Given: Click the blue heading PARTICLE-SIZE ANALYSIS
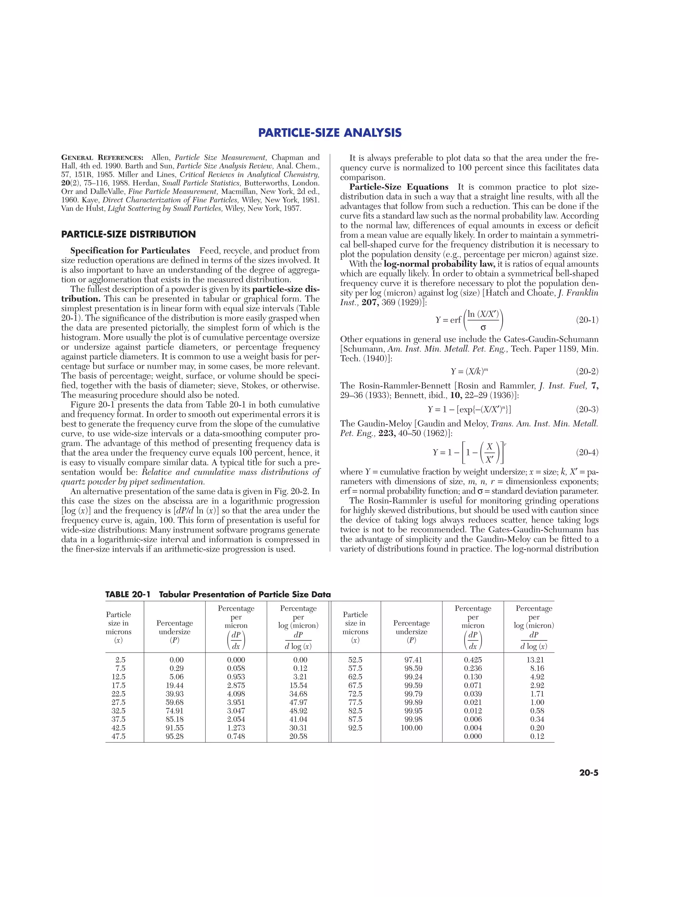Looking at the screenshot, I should coord(330,133).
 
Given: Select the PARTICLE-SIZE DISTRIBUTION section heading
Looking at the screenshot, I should coord(128,235).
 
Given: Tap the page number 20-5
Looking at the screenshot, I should coord(589,772).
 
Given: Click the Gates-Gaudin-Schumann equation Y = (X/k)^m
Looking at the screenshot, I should coord(469,371).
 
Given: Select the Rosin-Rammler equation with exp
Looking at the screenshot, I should coord(469,409).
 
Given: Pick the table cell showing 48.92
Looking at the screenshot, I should coord(298,710).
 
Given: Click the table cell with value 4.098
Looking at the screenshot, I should coord(236,694).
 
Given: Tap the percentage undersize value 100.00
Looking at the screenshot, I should coord(411,728).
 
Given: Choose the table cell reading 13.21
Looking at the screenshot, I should coord(535,660).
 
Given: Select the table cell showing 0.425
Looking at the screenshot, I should coord(473,660).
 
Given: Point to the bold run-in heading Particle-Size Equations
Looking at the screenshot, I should coord(399,187).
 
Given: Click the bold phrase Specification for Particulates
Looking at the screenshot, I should coord(130,250).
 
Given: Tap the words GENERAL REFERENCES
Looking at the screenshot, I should coord(102,158).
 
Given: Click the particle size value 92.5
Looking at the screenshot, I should coord(355,728).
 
